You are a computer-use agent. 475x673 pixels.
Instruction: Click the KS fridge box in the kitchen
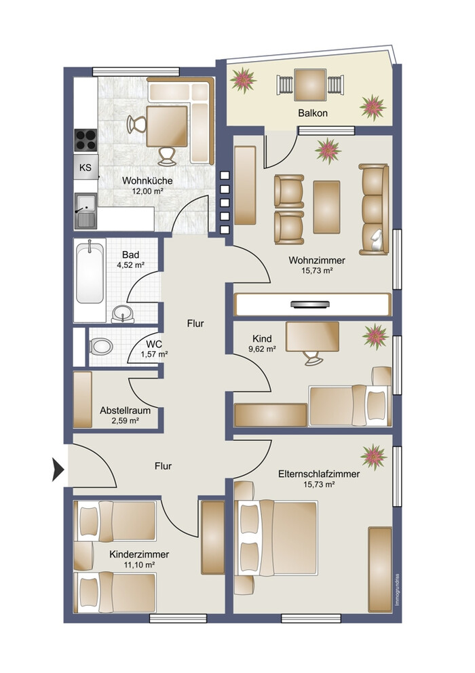(86, 167)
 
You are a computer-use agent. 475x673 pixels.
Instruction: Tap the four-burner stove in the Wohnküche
(85, 140)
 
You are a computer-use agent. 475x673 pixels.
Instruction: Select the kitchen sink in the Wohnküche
(85, 211)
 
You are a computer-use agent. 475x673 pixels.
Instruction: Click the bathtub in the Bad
(90, 273)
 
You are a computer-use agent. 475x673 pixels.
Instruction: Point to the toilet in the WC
(101, 346)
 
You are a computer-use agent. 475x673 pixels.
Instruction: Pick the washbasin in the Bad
(123, 313)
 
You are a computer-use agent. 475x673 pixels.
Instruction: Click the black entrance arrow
(58, 469)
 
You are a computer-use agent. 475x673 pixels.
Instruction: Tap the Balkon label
(313, 113)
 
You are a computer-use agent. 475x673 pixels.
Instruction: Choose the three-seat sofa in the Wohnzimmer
(374, 209)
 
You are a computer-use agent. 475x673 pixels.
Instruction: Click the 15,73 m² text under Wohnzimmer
(318, 271)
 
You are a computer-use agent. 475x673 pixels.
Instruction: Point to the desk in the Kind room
(312, 336)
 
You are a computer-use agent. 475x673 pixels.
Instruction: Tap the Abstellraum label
(126, 410)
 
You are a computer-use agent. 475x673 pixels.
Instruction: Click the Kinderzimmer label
(139, 554)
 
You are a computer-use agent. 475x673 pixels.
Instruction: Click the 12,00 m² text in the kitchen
(147, 191)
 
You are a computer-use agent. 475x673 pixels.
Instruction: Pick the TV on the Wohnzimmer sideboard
(311, 305)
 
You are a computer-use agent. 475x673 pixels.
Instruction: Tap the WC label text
(154, 344)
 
